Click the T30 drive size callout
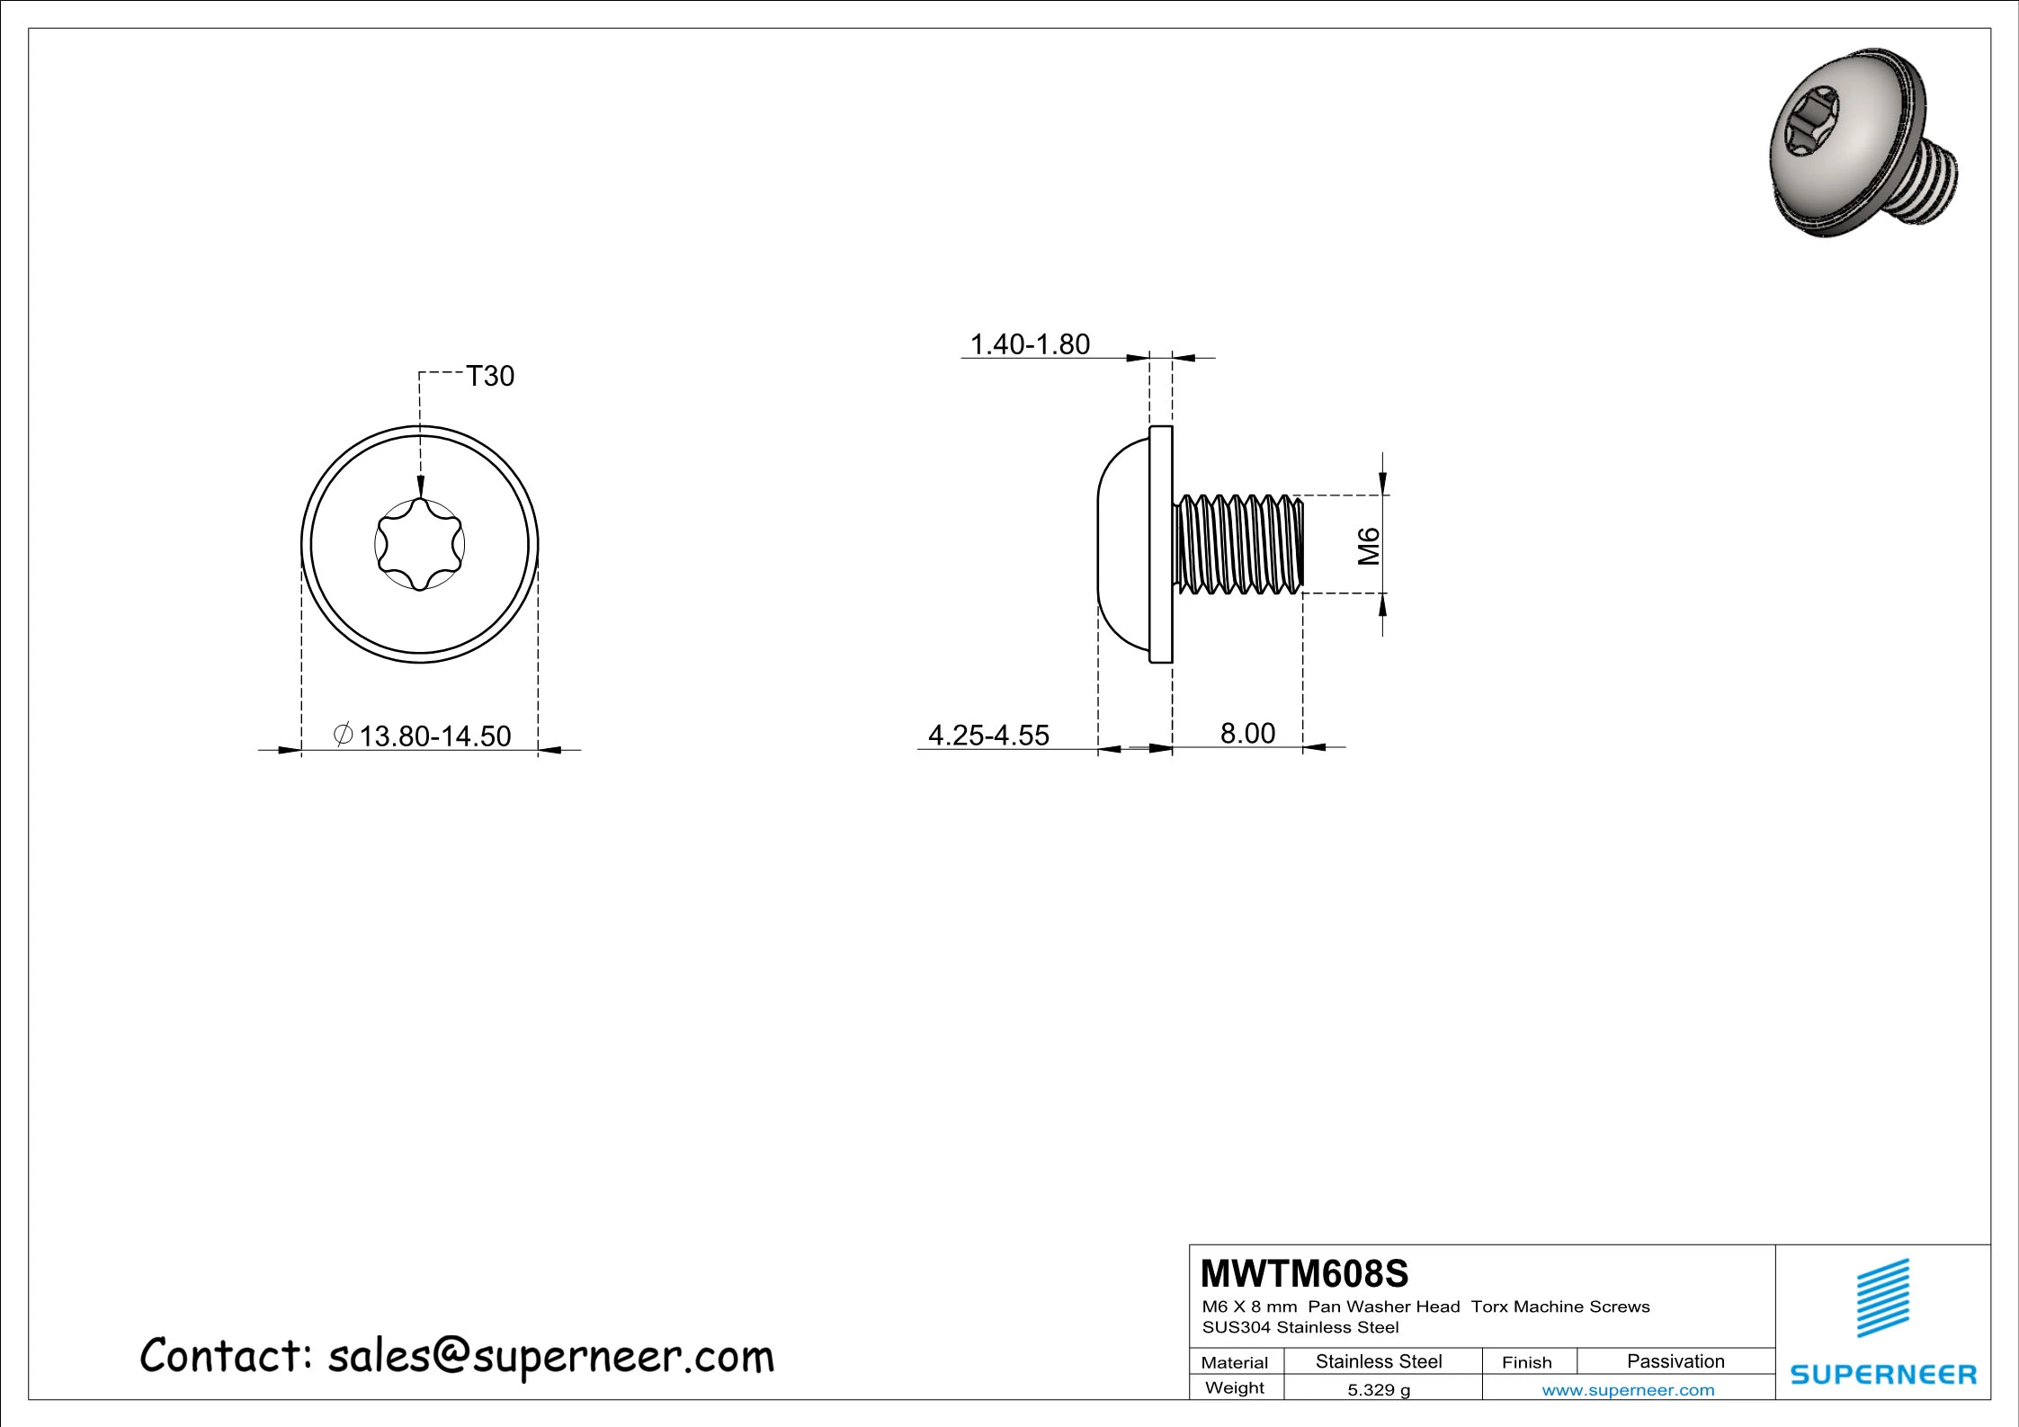point(490,376)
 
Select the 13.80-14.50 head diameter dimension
point(422,736)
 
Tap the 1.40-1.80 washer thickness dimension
point(1030,344)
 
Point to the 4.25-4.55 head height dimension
point(988,736)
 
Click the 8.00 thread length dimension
point(1247,734)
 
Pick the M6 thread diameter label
point(1369,546)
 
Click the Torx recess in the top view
point(420,544)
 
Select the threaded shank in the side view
point(1238,544)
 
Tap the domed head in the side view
point(1124,544)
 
